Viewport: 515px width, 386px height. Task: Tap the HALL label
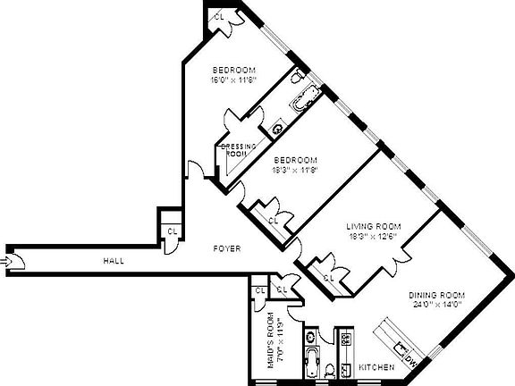tap(113, 261)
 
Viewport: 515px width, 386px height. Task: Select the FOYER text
tap(224, 249)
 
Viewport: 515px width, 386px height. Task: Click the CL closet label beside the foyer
tap(171, 231)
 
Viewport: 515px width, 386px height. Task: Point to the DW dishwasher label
tap(411, 363)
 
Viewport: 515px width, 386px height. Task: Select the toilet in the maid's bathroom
tap(329, 369)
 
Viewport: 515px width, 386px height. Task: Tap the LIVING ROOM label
tap(374, 226)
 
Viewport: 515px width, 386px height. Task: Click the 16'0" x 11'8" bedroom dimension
tap(234, 80)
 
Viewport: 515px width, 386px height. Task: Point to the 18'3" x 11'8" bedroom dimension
tap(296, 169)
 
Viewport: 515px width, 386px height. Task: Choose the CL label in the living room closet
tap(327, 277)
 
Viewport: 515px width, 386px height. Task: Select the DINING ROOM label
tap(437, 295)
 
